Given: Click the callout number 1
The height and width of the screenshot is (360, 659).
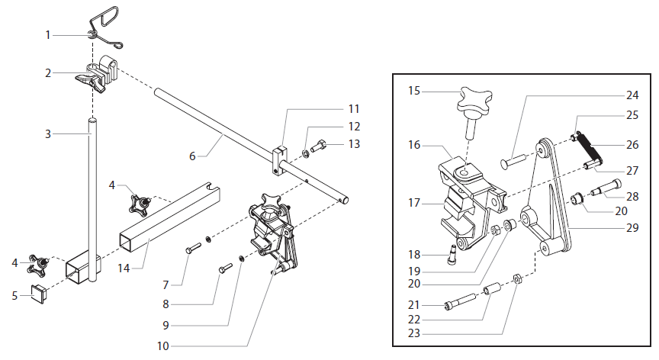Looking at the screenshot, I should (47, 35).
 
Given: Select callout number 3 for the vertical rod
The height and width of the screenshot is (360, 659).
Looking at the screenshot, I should (47, 133).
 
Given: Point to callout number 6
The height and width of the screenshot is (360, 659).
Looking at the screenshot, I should (192, 156).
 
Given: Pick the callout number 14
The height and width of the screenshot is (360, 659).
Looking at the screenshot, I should (123, 268).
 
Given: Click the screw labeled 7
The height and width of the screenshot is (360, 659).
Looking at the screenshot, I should (192, 248).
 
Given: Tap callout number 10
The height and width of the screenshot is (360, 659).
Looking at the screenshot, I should (162, 346).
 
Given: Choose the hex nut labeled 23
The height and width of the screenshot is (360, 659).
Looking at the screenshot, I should (516, 278).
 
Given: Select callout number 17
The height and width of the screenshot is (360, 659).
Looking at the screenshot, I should (414, 203).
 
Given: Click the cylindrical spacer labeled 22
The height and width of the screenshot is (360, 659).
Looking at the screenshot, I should (491, 291).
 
